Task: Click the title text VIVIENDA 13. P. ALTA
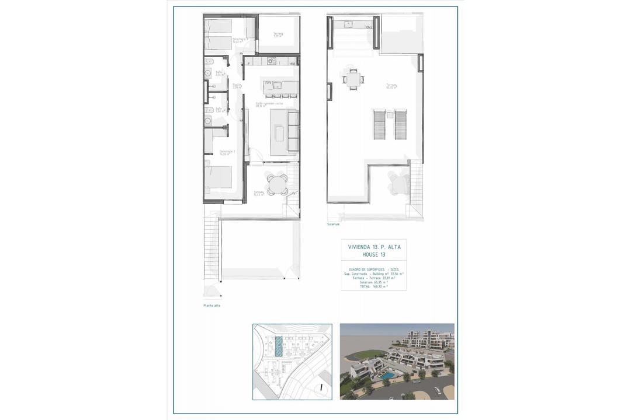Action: coord(373,247)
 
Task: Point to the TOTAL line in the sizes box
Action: coord(373,287)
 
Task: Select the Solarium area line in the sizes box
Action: coord(373,282)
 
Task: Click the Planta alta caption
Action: coord(212,306)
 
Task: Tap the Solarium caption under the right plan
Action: coord(334,223)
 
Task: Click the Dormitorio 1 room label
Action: coord(227,152)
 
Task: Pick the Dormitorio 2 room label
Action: coord(224,40)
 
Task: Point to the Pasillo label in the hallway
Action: coord(237,86)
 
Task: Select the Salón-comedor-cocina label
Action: coord(270,104)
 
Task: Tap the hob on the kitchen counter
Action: coord(272,61)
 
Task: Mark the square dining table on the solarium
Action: coord(352,78)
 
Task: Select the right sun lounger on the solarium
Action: coord(400,125)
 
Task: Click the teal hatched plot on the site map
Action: coord(279,347)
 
